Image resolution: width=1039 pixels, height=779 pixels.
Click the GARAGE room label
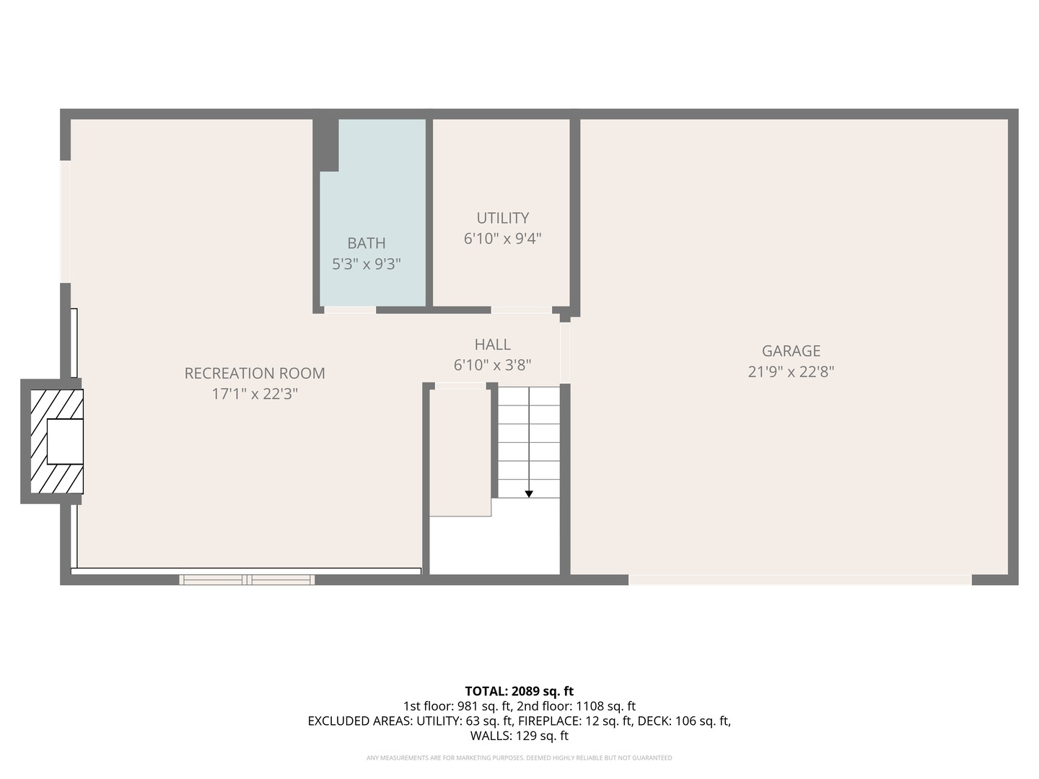tap(791, 351)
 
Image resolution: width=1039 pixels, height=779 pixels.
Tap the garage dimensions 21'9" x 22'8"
tap(791, 372)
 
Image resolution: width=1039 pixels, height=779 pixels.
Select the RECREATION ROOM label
tap(255, 374)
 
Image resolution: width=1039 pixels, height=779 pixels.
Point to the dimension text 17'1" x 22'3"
tap(255, 394)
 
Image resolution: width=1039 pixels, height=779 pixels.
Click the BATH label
tap(366, 244)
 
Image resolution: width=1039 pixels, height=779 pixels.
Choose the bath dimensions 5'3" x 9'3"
tap(366, 264)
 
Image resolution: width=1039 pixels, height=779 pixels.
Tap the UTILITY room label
tap(502, 218)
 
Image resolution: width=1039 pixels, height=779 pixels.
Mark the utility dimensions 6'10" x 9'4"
tap(502, 238)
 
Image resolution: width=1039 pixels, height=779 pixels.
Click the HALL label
tap(492, 345)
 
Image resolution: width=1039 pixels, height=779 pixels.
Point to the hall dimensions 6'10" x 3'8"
tap(492, 365)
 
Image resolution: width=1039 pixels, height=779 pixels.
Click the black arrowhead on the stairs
tap(529, 494)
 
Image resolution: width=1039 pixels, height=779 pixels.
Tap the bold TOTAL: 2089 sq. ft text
tap(519, 691)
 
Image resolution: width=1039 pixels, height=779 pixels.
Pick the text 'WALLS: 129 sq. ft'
tap(519, 736)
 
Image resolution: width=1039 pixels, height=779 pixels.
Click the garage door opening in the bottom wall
tap(799, 580)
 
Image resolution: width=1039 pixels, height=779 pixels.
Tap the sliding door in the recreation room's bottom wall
tap(247, 579)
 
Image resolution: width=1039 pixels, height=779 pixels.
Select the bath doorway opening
tap(350, 310)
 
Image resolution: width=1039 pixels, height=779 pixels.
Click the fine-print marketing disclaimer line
tap(519, 758)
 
